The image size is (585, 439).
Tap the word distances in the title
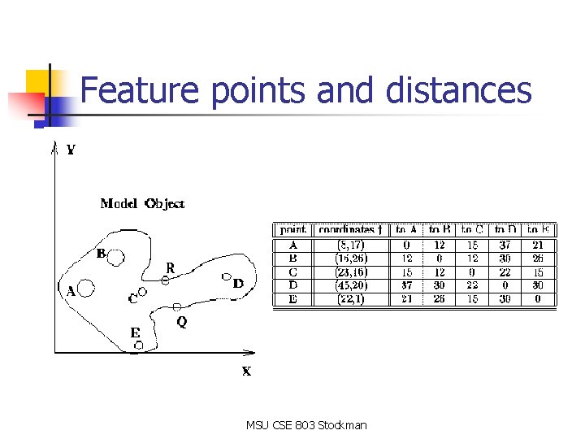pos(458,90)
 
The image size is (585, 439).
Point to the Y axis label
pos(71,150)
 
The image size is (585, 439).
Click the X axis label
pos(246,371)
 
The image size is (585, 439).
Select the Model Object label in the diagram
pos(142,203)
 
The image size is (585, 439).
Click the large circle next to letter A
pos(87,288)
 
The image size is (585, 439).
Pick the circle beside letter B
pos(116,258)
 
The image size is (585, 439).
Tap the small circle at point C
pos(142,291)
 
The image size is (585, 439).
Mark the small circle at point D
pos(227,277)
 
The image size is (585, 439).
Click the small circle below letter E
pos(139,346)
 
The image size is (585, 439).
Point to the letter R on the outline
pos(170,267)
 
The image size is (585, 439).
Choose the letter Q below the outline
pos(181,322)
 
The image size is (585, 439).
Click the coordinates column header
pos(347,230)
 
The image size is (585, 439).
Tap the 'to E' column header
pos(539,230)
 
